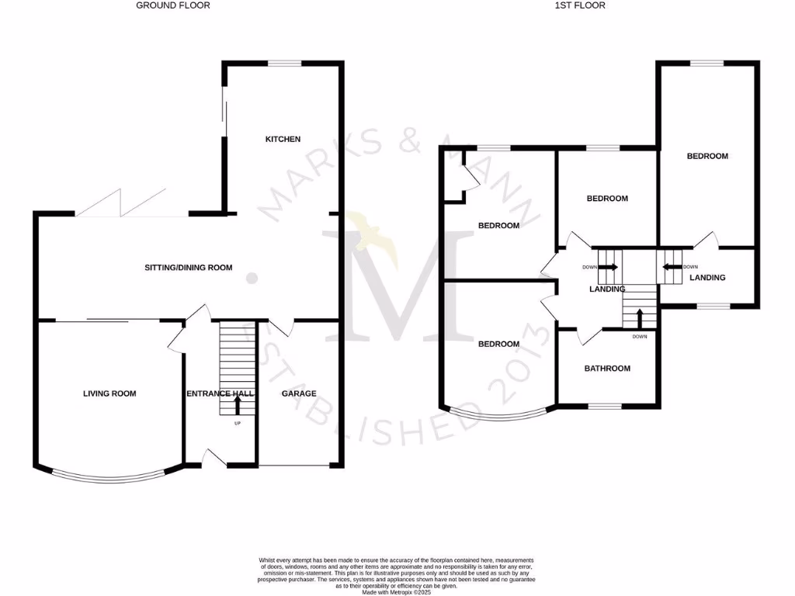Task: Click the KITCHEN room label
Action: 283,140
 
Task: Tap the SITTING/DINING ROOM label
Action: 189,268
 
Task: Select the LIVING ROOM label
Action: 109,393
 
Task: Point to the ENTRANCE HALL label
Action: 220,394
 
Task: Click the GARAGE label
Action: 299,393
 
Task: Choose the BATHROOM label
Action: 607,369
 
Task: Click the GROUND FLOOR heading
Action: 173,5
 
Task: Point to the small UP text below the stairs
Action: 238,424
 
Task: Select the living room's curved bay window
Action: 109,476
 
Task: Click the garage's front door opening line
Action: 294,466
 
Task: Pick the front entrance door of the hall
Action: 212,459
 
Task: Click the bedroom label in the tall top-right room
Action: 707,156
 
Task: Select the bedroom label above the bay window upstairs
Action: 498,344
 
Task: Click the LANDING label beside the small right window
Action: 707,277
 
